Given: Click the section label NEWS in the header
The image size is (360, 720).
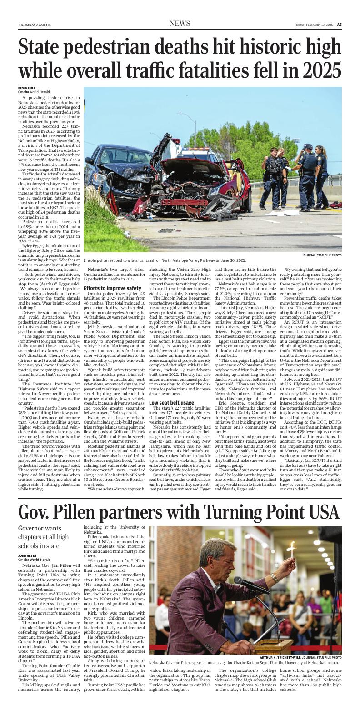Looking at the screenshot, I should click(x=180, y=24).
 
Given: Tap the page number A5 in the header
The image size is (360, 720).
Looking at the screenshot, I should click(x=339, y=25).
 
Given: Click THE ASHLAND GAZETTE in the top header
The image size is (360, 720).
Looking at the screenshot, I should click(x=35, y=25).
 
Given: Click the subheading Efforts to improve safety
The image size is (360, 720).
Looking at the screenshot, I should click(x=112, y=288).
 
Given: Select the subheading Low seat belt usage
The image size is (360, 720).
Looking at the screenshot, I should click(x=171, y=403).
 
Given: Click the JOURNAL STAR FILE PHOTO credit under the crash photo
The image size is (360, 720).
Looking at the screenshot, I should click(x=321, y=255).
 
